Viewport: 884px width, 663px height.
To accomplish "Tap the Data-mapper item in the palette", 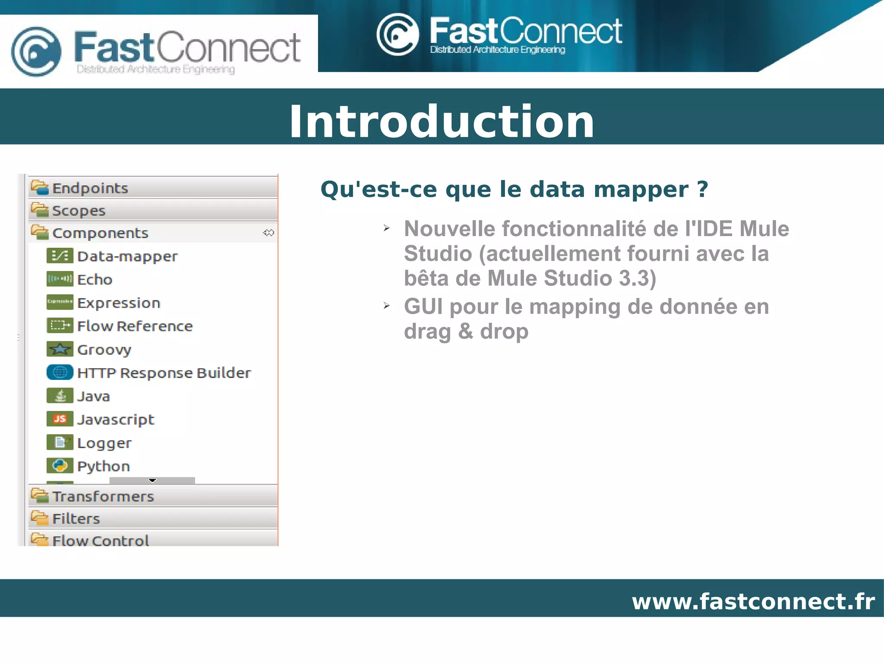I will point(127,256).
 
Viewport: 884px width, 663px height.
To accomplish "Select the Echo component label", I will point(95,280).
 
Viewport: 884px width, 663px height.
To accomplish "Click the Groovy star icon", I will point(60,349).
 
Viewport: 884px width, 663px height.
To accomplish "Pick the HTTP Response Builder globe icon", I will point(60,372).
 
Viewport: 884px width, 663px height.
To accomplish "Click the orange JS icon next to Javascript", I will point(60,419).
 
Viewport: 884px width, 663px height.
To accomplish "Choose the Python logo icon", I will point(60,465).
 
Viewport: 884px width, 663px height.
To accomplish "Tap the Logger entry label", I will point(104,443).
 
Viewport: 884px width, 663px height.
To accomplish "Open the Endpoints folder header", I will point(90,188).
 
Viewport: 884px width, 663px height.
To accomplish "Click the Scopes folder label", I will point(79,211).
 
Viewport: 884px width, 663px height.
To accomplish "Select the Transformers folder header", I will point(103,496).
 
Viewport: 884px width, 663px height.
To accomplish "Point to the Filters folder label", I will point(76,518).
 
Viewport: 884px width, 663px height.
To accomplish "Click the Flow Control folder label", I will point(101,540).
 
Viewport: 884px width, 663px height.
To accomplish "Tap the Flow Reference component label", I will point(135,326).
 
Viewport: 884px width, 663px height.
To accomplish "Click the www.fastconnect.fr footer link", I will point(753,601).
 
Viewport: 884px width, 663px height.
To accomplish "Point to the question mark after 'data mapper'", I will point(702,189).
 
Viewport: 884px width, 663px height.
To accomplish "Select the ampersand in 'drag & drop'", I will point(465,331).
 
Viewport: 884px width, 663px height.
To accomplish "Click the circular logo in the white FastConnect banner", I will point(36,51).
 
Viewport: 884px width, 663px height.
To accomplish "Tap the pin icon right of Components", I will point(268,233).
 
